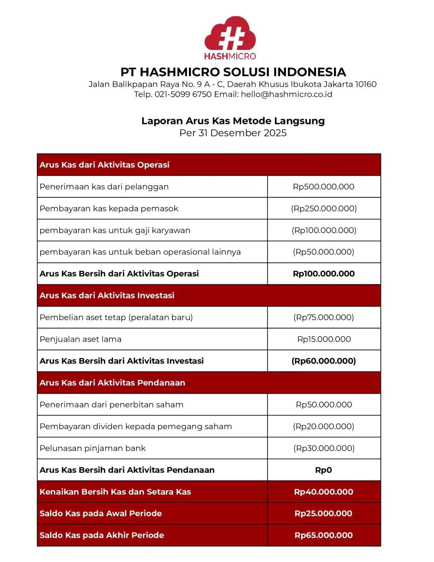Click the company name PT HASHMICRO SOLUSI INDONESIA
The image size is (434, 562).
[233, 72]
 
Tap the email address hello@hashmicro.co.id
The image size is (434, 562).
[286, 94]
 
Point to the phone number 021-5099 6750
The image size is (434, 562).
[183, 94]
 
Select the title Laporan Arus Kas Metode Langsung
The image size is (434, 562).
[233, 121]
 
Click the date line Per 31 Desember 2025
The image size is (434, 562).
[233, 133]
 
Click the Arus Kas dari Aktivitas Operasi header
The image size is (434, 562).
[104, 165]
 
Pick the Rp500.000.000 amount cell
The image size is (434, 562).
[324, 187]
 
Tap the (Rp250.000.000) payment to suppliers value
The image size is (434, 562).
[324, 209]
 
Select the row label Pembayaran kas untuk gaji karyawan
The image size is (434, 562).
[115, 230]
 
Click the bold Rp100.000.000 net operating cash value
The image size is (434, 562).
[324, 274]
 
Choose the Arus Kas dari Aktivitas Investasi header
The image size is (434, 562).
[107, 296]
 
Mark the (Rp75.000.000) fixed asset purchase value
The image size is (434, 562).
[324, 317]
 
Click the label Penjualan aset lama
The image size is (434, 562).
[81, 339]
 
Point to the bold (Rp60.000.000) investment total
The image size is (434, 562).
[324, 361]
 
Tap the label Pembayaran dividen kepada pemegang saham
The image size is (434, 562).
[136, 427]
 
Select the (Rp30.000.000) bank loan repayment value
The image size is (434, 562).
[324, 448]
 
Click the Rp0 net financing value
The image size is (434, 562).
[324, 470]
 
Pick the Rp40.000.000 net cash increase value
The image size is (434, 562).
[324, 492]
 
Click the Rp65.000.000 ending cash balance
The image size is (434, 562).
[324, 535]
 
